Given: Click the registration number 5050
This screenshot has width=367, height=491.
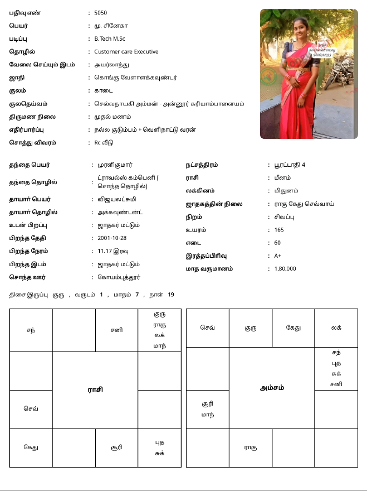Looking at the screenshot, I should [x=101, y=12].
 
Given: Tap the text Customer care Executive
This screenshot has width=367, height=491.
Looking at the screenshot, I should [x=126, y=52].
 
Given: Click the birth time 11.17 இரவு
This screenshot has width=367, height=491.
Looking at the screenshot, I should [x=113, y=251].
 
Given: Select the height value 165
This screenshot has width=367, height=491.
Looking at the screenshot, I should [x=279, y=230].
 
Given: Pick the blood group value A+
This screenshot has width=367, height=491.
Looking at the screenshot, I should [x=278, y=256].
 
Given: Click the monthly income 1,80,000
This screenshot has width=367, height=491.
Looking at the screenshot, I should [x=285, y=268].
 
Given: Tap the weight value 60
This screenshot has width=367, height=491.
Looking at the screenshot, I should [x=277, y=243].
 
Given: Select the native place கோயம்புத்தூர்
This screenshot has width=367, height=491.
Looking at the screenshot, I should [x=119, y=277].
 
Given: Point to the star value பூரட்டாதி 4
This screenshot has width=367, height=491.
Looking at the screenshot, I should [x=290, y=165].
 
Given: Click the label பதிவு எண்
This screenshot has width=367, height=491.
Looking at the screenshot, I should [x=25, y=12].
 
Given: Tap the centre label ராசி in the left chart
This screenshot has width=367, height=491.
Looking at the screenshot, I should [x=95, y=389].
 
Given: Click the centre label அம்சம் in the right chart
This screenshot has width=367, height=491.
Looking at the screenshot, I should [x=272, y=388].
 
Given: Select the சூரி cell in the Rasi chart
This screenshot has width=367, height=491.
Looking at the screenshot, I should [x=116, y=447].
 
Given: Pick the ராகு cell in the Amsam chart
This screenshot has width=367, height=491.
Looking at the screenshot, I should [x=251, y=447].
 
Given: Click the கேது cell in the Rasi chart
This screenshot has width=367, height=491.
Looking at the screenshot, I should [x=31, y=447].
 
